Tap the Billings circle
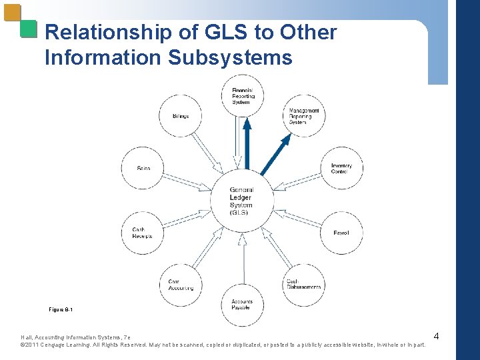181,116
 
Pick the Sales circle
143,168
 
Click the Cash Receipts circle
143,232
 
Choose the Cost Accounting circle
181,285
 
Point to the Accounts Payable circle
242,304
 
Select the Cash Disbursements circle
304,285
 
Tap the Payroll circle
341,232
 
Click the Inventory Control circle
341,168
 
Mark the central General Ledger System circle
242,200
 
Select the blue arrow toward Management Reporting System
276,154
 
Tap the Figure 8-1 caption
61,309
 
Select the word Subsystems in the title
230,57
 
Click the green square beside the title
28,28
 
